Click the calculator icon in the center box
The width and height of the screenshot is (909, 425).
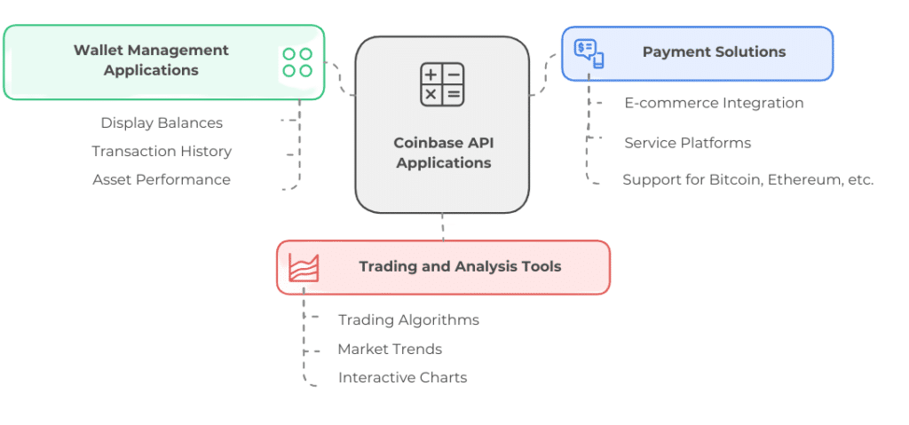(x=442, y=84)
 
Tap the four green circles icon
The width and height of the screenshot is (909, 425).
(x=297, y=63)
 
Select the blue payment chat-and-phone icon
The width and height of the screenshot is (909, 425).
(x=589, y=53)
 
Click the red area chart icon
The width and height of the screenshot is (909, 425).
(x=304, y=267)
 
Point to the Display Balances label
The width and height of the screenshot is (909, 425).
(x=162, y=123)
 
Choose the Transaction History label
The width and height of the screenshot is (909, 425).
(x=162, y=152)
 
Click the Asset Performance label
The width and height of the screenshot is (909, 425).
(x=162, y=180)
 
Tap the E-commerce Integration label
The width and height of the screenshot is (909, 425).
(x=714, y=103)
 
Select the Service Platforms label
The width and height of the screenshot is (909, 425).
(x=688, y=143)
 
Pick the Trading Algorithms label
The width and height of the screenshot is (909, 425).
(x=408, y=320)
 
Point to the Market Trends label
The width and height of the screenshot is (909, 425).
(x=390, y=349)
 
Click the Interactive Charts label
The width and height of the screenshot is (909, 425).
(x=402, y=377)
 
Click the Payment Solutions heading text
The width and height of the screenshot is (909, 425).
(x=715, y=51)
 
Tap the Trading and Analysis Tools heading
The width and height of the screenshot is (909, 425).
(x=460, y=267)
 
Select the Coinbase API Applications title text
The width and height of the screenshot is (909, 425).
(x=444, y=153)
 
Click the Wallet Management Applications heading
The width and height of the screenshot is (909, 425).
(x=151, y=60)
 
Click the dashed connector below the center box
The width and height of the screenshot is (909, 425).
(x=443, y=227)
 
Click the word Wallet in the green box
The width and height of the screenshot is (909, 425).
(x=93, y=51)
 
